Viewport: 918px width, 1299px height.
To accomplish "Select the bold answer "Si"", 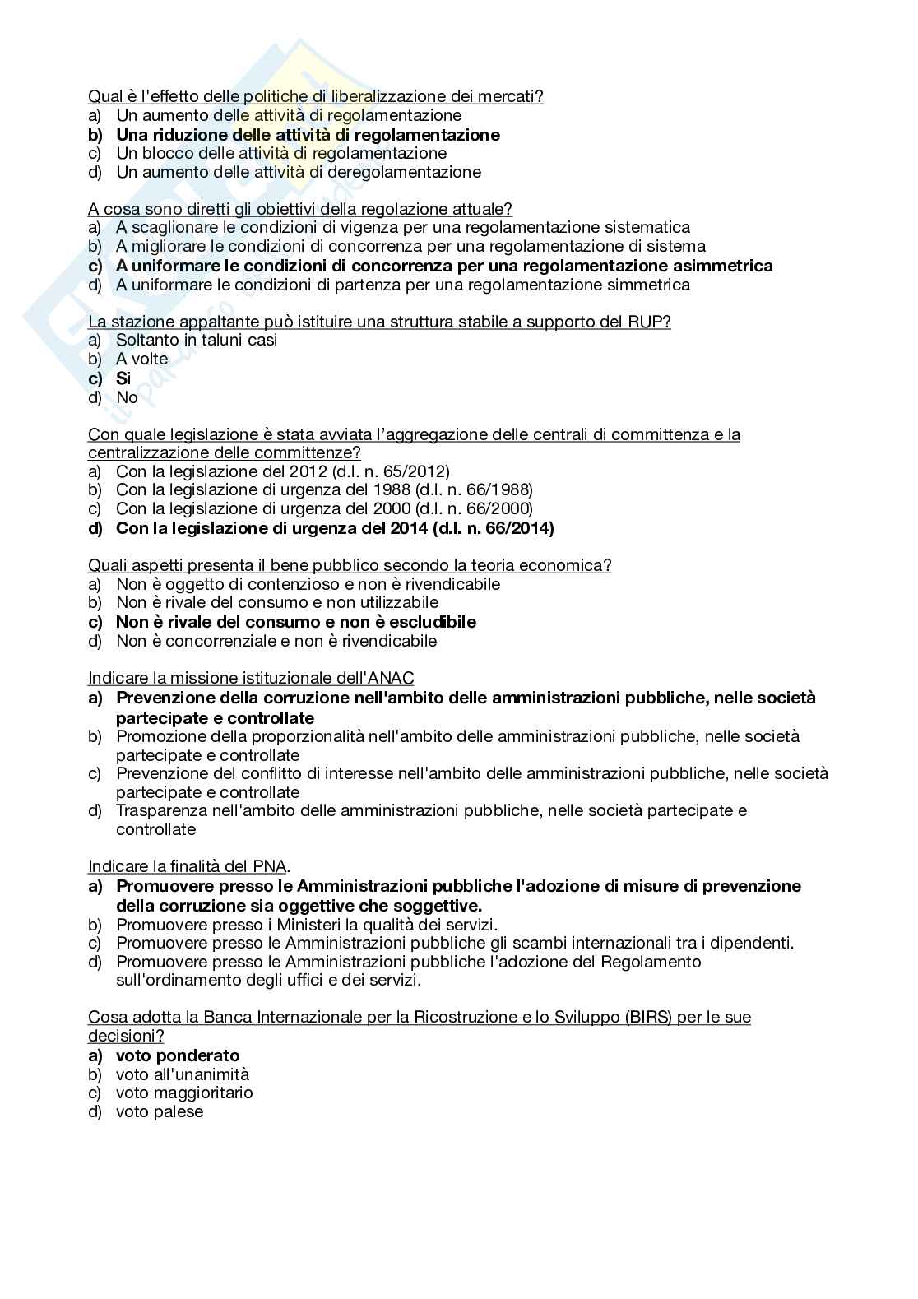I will [x=123, y=378].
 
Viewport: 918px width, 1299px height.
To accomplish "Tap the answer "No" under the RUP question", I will [x=127, y=397].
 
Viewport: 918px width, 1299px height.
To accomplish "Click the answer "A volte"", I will [x=141, y=359].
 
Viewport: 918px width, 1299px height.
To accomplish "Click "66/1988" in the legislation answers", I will [x=496, y=489].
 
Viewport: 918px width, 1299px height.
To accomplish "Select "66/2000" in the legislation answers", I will [x=496, y=508].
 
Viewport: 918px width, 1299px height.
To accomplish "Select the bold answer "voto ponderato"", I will [x=178, y=1055].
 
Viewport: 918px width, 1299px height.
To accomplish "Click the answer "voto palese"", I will [x=160, y=1111].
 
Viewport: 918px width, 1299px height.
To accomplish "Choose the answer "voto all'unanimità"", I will [x=183, y=1074].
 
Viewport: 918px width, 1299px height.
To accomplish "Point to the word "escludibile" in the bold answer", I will [x=433, y=622].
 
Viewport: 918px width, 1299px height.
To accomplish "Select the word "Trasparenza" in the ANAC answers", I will [x=162, y=810].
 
